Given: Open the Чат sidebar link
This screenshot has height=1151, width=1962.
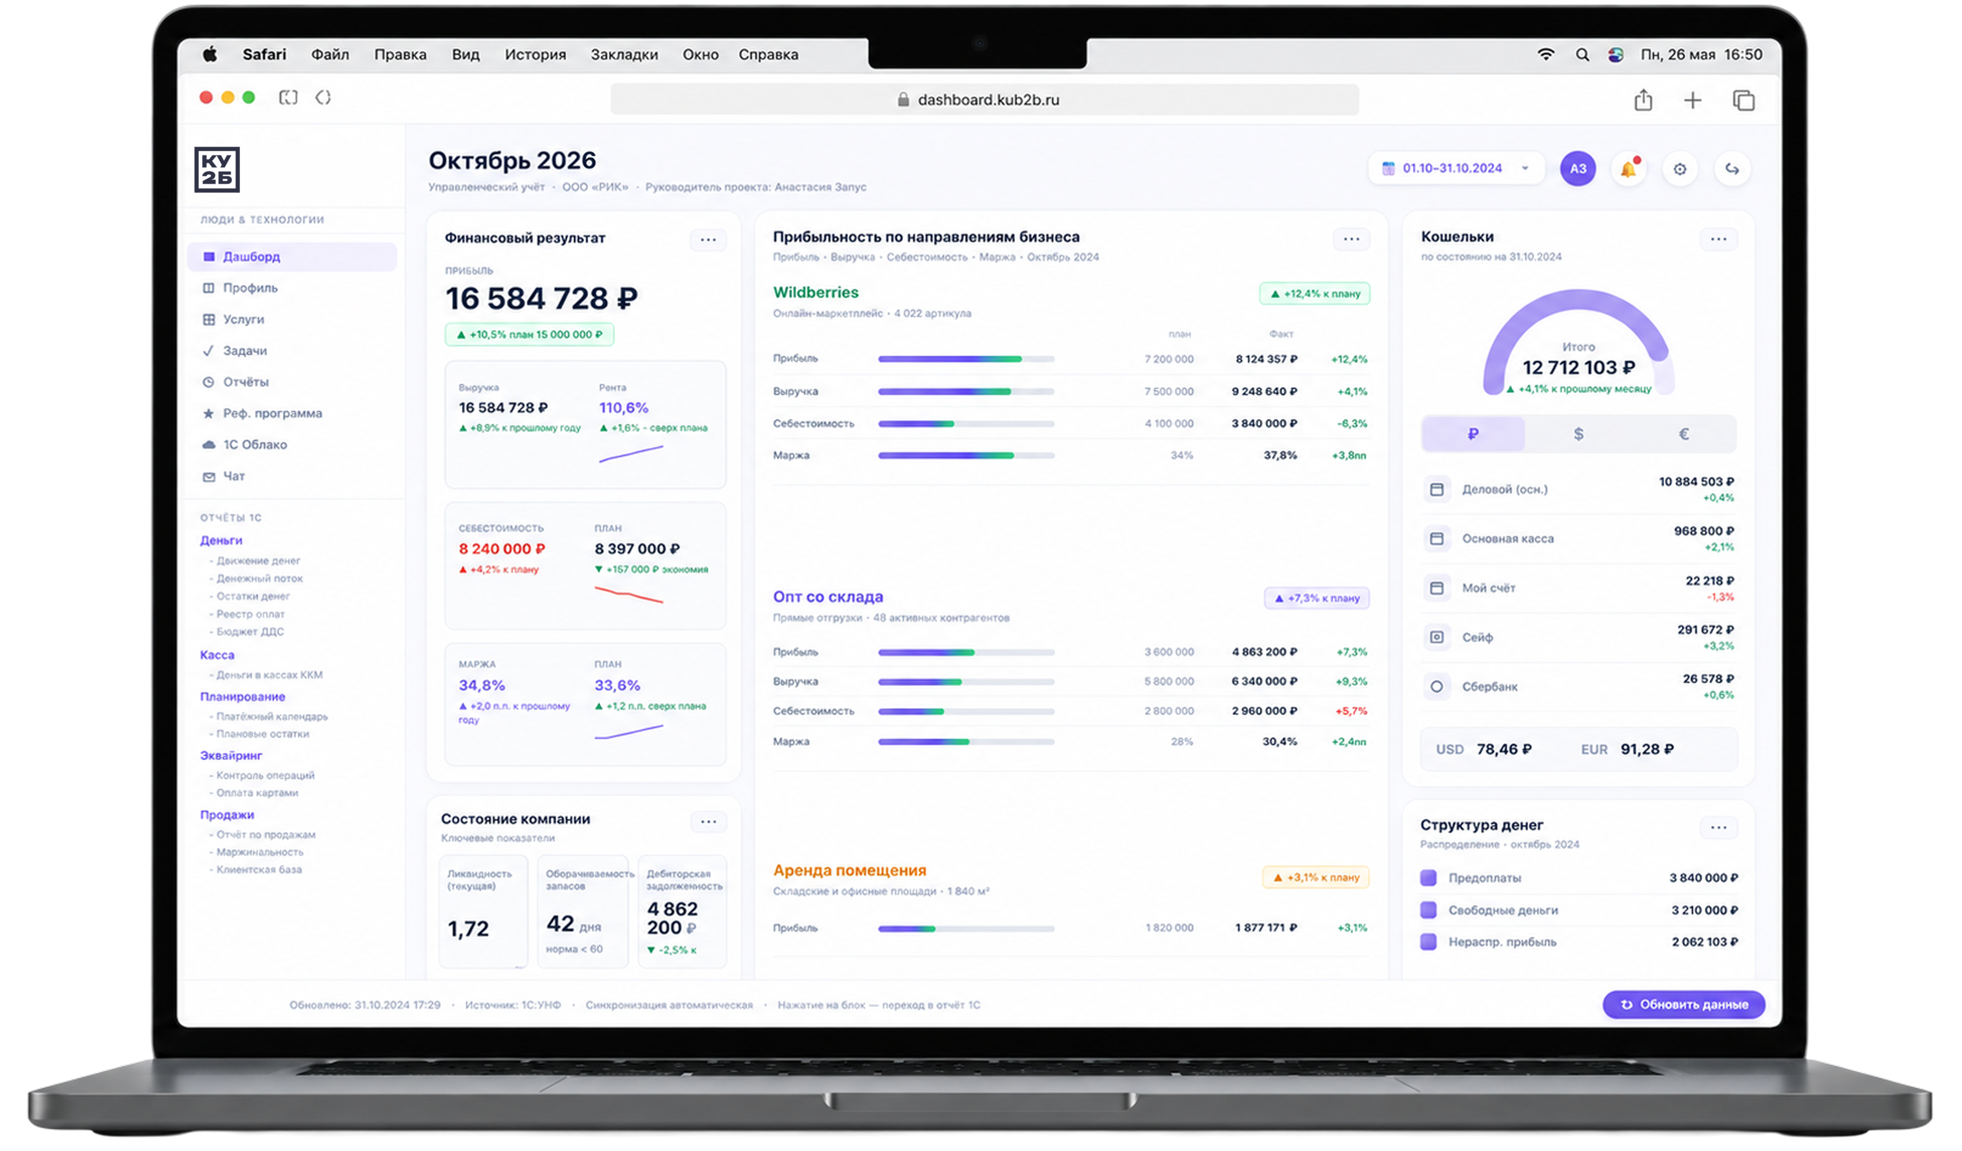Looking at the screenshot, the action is [x=233, y=476].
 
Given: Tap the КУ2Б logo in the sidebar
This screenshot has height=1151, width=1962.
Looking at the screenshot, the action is [x=217, y=170].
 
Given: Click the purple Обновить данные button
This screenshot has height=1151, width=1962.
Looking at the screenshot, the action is [x=1683, y=1005].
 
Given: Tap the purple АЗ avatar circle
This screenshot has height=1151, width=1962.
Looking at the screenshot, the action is [x=1577, y=169].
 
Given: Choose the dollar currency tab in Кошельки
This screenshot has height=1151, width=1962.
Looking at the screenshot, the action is [x=1578, y=434].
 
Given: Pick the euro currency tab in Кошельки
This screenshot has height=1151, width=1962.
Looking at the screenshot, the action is [x=1683, y=434].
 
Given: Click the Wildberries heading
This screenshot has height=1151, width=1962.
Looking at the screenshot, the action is [x=815, y=293].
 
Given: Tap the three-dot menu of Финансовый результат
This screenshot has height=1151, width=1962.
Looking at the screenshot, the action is [x=708, y=240].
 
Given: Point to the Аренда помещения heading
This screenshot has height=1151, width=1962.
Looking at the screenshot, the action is [x=849, y=871].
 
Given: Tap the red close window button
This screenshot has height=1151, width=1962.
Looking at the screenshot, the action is [x=205, y=97].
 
